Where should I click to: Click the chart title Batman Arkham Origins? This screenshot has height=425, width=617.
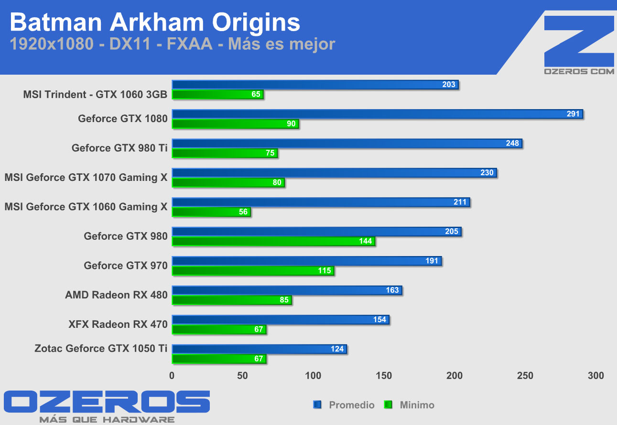coord(155,22)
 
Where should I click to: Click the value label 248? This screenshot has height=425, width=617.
coord(512,143)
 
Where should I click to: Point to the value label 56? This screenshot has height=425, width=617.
coord(243,212)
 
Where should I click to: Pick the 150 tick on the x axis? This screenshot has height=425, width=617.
coord(384,376)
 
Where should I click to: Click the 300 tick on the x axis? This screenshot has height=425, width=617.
coord(596,376)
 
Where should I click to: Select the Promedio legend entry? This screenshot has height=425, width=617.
coord(345,405)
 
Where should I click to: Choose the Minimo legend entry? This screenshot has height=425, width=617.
coord(411,405)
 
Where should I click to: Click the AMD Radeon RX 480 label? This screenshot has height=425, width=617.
coord(116,295)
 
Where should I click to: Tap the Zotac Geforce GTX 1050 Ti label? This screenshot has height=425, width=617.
coord(101,348)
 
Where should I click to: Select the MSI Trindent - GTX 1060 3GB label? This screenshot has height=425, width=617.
coord(95,94)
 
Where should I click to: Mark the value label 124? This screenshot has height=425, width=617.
coord(337,349)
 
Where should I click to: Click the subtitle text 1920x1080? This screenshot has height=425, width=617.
coord(51,44)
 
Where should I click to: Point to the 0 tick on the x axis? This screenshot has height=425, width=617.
coord(172,376)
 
